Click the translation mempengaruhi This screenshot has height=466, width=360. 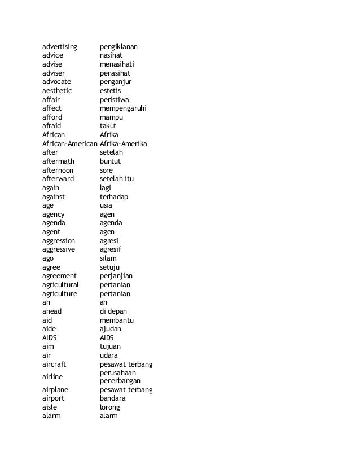point(123,108)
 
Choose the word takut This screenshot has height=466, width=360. point(108,126)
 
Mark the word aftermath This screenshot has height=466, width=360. point(58,161)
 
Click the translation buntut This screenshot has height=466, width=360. point(110,161)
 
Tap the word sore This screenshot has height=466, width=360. point(106,170)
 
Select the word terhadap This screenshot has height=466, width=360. point(114,196)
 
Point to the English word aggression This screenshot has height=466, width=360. point(58,240)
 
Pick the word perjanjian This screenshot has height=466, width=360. point(116,276)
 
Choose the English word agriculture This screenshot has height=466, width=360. point(59,293)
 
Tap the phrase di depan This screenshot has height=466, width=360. point(112,311)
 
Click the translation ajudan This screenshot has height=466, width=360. point(110,328)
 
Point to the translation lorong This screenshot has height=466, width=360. point(109,407)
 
